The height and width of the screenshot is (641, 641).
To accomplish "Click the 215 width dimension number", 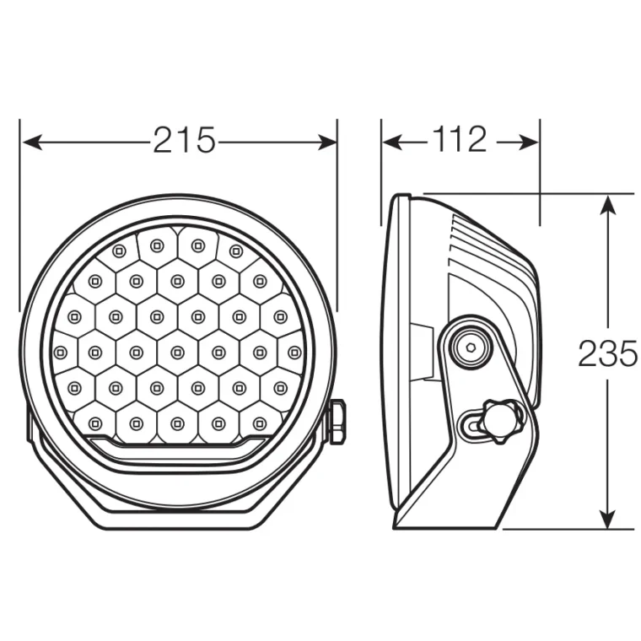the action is [184, 140].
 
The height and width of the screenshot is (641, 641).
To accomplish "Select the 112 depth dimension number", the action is [460, 139].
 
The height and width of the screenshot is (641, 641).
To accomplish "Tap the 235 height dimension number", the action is [608, 353].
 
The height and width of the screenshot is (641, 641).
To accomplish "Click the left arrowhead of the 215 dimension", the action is [32, 143].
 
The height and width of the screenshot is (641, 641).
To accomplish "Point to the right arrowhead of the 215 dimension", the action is [327, 143].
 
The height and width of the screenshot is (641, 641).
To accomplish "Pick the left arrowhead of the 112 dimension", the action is [393, 143].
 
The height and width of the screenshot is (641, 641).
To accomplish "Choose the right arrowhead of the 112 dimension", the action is [528, 143].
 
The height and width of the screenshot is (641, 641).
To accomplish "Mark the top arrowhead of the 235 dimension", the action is [609, 204].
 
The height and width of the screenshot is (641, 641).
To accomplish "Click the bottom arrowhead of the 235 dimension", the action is [609, 519].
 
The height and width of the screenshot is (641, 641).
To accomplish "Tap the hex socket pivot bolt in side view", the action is [471, 347].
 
